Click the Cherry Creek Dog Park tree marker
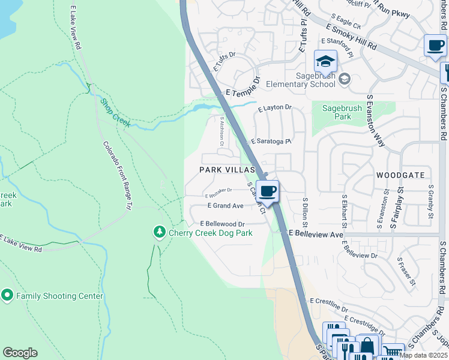(159, 232)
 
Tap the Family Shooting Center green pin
(7, 295)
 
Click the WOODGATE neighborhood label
(400, 175)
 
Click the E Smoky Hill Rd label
(351, 37)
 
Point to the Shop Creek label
(115, 112)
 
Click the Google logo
(20, 353)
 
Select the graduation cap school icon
(325, 62)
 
